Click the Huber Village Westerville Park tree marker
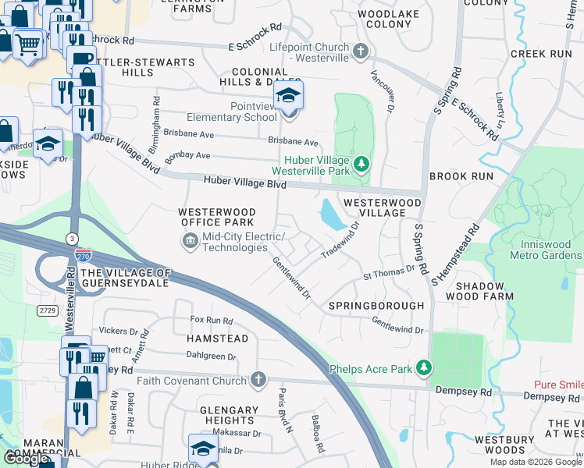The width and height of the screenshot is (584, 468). point(361,165)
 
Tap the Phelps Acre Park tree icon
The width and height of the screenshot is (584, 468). point(424,367)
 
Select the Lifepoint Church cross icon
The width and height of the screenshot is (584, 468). point(360,52)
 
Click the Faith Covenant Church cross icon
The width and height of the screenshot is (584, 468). point(259,380)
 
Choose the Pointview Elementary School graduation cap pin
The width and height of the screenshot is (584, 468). point(288,98)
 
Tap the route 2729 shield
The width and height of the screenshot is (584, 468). point(48,310)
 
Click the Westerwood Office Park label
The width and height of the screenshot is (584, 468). point(217,217)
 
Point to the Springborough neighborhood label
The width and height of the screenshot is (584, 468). point(376,305)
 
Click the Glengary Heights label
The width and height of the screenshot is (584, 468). point(230,415)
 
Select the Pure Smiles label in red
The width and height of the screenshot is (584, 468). point(558,385)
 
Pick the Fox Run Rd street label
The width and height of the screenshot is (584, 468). point(212,321)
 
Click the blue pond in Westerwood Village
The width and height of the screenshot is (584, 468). point(332,214)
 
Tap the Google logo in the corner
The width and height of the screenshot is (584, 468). point(27,459)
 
